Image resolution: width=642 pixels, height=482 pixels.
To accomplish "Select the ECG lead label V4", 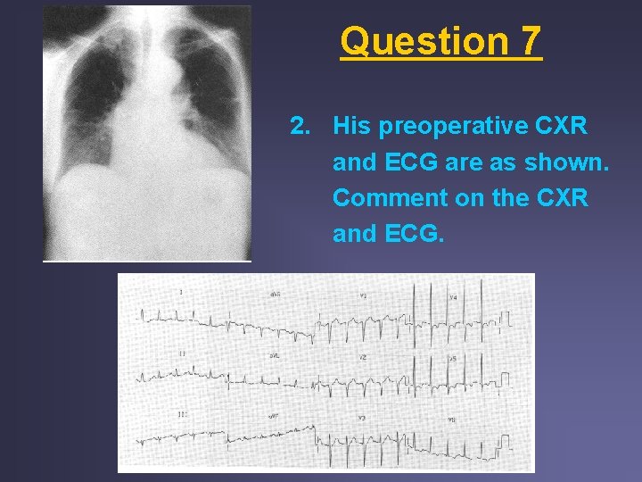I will pyautogui.click(x=453, y=295).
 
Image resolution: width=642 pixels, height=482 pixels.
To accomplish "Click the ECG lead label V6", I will pyautogui.click(x=453, y=417).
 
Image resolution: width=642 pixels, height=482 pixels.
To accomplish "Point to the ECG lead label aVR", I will pyautogui.click(x=276, y=295).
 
